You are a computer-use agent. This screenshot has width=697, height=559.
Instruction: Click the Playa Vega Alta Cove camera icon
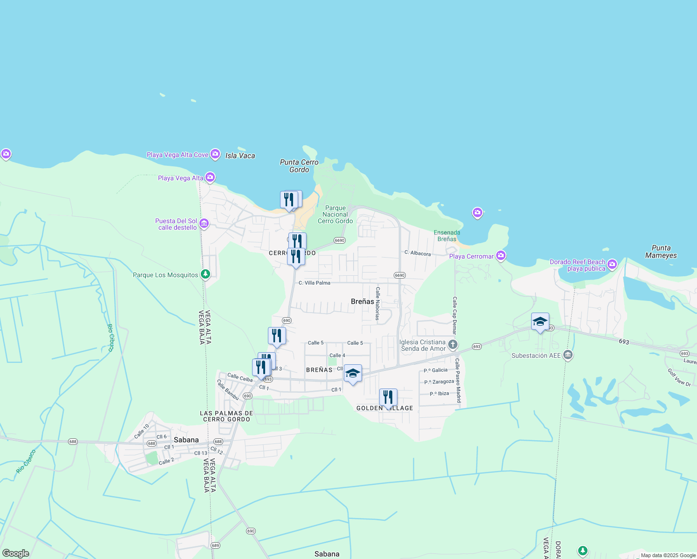point(215,154)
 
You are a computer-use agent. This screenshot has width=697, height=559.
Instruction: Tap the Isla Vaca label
point(240,156)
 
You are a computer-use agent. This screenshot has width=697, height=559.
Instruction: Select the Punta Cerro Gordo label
point(299,166)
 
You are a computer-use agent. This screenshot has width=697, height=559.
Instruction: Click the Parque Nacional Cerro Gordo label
point(335,214)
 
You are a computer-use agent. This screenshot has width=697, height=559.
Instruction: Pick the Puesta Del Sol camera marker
point(204,224)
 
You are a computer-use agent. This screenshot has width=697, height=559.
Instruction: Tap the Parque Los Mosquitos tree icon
point(205,274)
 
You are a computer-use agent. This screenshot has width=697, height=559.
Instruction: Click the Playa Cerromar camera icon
point(501,255)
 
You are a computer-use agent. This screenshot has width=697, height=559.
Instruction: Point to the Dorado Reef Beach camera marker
point(612,265)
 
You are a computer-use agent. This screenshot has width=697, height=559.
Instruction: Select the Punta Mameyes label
point(661,252)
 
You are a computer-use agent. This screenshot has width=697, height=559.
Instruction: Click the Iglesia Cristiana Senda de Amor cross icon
point(453,345)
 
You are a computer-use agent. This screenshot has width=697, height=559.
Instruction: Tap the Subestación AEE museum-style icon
point(567,355)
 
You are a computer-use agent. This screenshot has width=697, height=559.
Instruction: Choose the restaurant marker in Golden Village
point(388,398)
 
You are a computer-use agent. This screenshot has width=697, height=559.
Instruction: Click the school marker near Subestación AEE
point(540,322)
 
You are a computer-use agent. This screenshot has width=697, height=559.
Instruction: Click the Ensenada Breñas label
point(447,236)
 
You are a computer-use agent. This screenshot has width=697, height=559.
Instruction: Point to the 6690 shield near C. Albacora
point(399,275)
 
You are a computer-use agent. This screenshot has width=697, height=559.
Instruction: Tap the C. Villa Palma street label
point(314,283)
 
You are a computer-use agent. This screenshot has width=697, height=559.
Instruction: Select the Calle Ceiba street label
point(240,377)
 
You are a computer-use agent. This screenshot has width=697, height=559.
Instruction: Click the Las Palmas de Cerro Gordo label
point(226,416)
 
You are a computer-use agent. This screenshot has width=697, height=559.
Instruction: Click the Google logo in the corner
point(15,553)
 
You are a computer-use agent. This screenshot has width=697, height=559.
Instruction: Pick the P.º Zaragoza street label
point(439,382)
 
